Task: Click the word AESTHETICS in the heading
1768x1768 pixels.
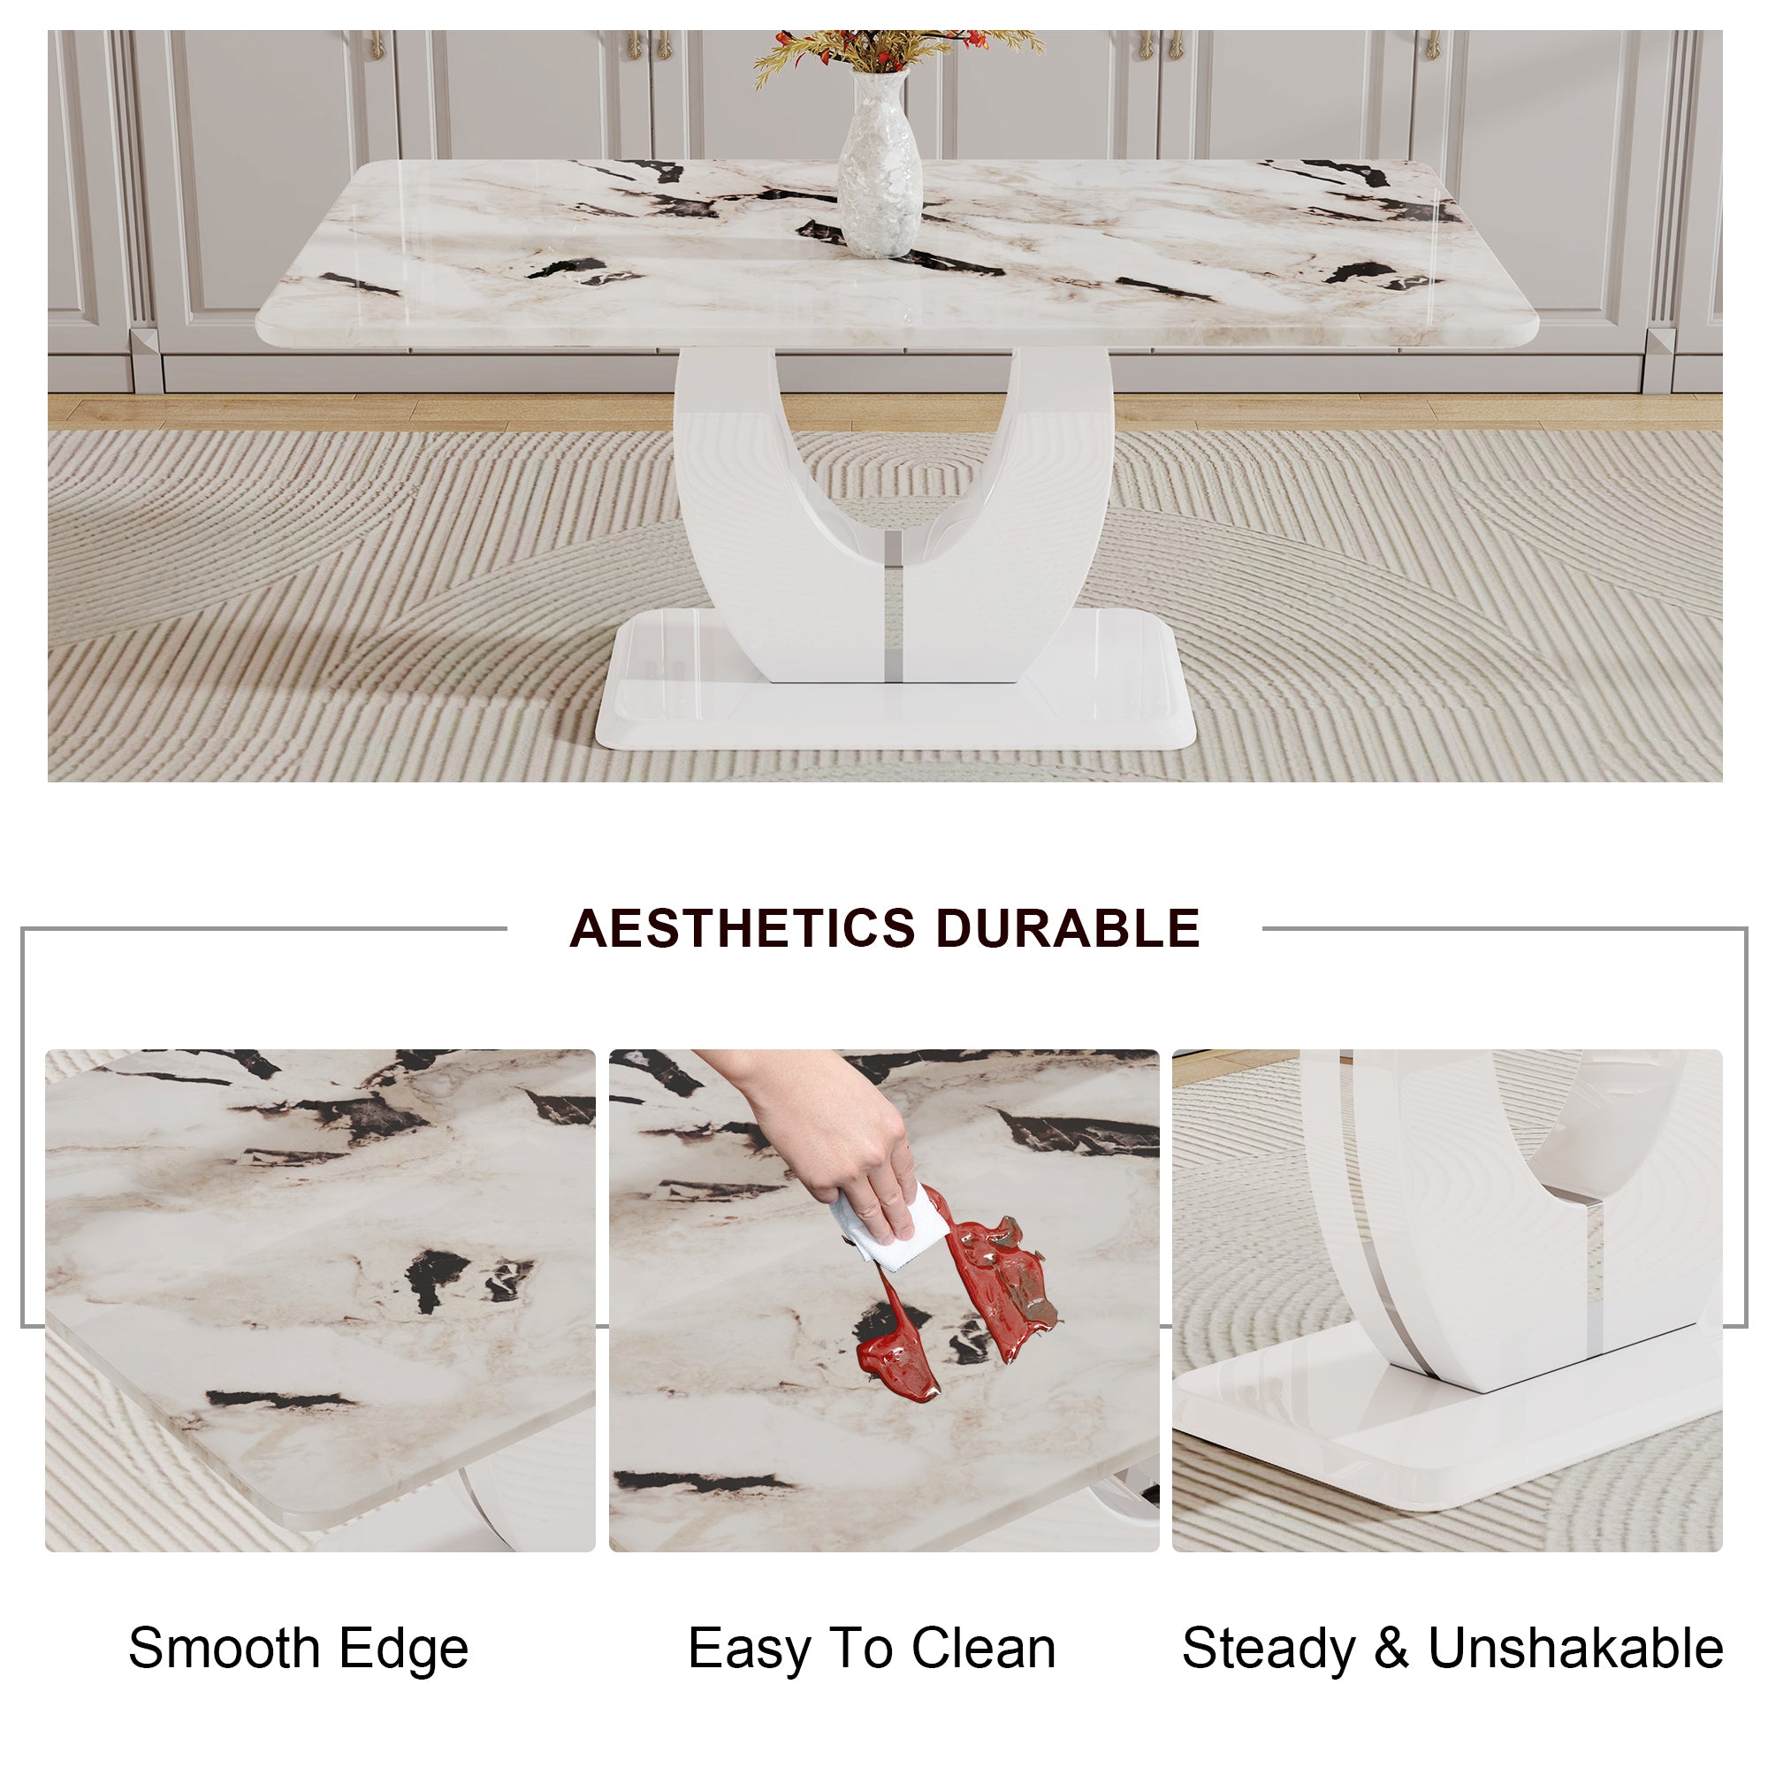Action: click(x=742, y=928)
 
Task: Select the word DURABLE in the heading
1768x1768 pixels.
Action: click(x=1067, y=928)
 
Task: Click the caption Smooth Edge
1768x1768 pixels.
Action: click(x=298, y=1648)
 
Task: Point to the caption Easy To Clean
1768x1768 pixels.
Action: click(x=872, y=1648)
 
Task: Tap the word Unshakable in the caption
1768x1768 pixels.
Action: click(x=1575, y=1648)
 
